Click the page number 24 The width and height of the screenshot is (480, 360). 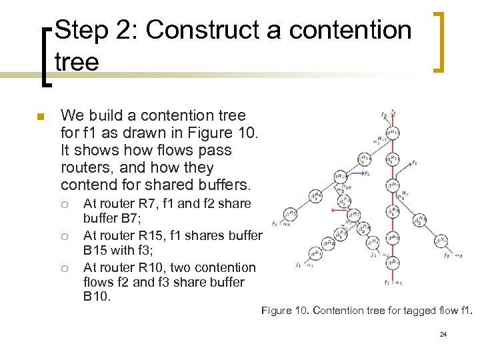443,333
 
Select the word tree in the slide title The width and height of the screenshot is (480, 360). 77,62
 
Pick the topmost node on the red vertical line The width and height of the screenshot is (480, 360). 394,133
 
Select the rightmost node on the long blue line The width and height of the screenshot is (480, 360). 441,240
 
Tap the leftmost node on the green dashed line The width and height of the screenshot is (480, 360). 289,214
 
